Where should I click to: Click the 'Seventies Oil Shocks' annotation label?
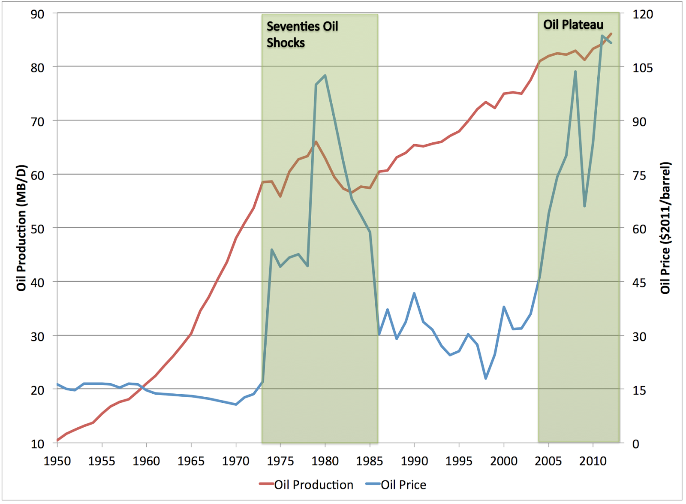(x=302, y=34)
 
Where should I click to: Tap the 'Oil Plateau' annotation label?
(x=573, y=24)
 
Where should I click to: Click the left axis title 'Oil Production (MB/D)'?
(x=21, y=228)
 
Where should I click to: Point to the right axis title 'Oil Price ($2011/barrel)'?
(x=665, y=228)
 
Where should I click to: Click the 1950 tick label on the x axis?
(x=57, y=461)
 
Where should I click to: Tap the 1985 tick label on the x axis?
(x=370, y=461)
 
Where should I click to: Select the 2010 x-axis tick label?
(x=593, y=461)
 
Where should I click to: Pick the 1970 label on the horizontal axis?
(x=236, y=461)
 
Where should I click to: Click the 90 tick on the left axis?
(x=37, y=14)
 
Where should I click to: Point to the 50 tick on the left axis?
(x=37, y=229)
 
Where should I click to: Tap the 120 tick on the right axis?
(x=643, y=14)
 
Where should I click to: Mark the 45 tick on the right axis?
(x=639, y=283)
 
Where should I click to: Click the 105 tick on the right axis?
(x=643, y=68)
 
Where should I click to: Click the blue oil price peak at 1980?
(x=325, y=75)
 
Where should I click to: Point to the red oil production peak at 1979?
(x=316, y=142)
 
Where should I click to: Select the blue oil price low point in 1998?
(x=486, y=378)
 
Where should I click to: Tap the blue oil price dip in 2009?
(x=584, y=206)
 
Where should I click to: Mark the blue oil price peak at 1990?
(x=414, y=293)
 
